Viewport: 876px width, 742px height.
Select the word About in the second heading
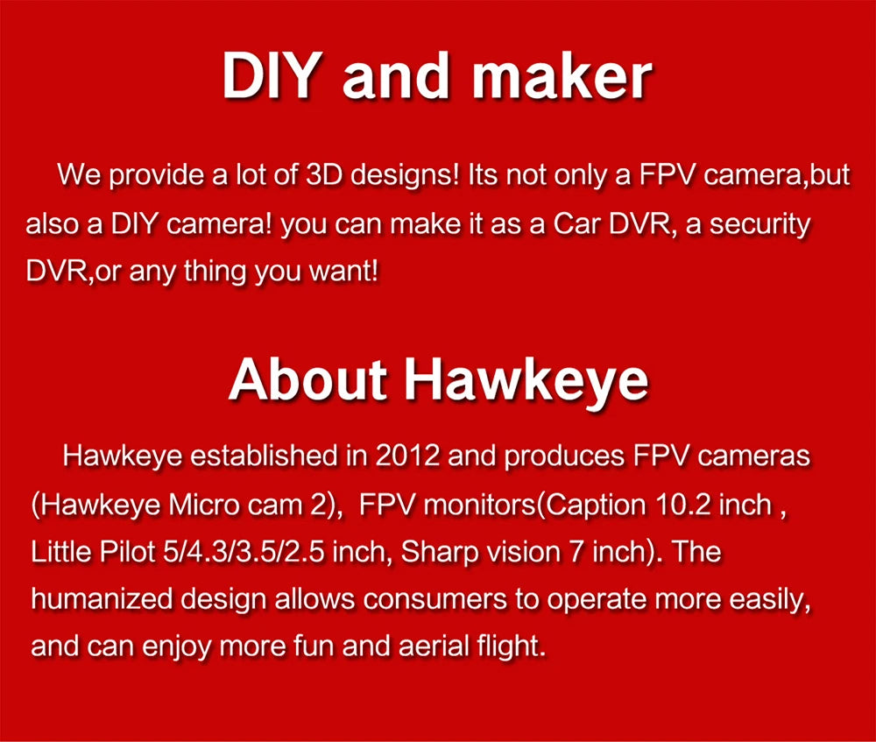point(307,378)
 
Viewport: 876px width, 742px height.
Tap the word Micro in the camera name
point(204,505)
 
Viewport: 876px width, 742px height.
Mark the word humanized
point(97,600)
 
